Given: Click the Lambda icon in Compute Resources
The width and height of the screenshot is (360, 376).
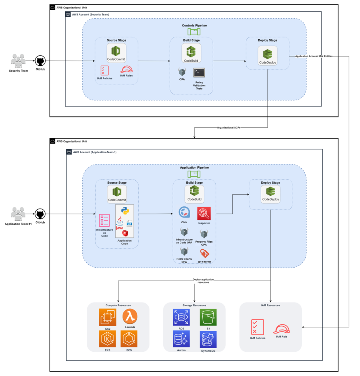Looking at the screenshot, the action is pos(130,316).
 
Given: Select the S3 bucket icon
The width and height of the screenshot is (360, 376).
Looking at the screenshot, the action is pos(208,317).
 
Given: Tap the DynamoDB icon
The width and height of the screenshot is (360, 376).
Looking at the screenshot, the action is pos(208,339).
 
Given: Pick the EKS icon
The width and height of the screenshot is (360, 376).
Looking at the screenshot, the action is pos(108,339).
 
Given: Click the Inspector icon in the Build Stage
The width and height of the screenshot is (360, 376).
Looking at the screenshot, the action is pos(204,213).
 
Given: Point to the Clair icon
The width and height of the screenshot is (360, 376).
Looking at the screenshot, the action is pos(184,212).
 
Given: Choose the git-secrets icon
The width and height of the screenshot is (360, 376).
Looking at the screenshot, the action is pos(204,253).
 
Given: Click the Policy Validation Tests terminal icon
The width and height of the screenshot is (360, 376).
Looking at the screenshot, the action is pos(199,73).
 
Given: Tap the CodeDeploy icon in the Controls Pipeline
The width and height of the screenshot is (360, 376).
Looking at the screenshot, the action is pos(268,55).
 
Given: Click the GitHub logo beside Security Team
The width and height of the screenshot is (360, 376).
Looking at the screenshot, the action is pos(40,61).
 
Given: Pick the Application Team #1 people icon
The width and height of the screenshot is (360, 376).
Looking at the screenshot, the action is pos(18,214).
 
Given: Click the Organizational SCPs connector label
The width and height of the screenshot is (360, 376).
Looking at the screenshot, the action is pos(229,127).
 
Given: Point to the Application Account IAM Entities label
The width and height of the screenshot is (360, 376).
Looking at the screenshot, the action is pos(314,56).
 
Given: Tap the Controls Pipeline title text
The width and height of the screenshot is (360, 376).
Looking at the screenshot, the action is pos(194,25).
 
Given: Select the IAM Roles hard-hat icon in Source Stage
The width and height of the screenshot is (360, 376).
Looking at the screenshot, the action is pos(126,69).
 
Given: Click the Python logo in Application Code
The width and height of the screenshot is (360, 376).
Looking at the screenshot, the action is pos(125,210).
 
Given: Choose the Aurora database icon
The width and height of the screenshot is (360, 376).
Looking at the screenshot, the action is pos(181,339).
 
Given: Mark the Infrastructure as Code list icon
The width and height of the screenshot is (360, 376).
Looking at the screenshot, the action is pos(105,220).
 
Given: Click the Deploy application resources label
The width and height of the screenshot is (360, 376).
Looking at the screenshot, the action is pos(203,281).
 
